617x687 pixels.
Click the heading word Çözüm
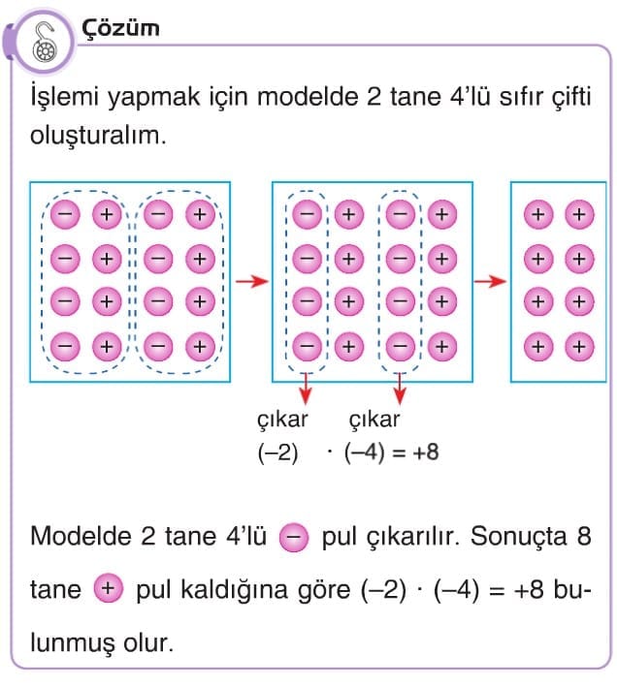click(120, 28)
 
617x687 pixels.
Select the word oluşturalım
click(98, 136)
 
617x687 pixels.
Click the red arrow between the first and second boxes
click(252, 281)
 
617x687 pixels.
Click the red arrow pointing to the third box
click(490, 281)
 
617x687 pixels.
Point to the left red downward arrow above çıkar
click(306, 389)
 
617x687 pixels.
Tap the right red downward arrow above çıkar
click(399, 389)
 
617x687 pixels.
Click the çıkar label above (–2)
click(282, 420)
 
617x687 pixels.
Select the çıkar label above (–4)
click(374, 420)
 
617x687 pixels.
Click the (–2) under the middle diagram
click(278, 453)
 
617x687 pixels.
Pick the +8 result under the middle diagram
click(425, 452)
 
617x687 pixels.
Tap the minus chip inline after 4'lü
click(294, 537)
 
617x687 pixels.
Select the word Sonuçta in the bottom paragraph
click(518, 536)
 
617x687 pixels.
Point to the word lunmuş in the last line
click(72, 643)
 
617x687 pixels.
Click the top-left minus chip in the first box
click(65, 214)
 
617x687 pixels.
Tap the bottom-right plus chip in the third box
click(579, 347)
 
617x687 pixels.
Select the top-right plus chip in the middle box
click(442, 214)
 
